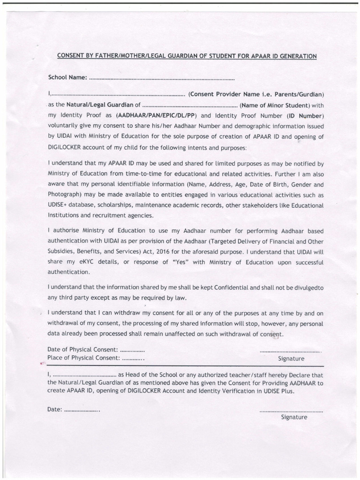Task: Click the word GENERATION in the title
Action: (x=294, y=56)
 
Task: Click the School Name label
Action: (x=67, y=77)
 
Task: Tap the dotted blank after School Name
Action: (x=161, y=77)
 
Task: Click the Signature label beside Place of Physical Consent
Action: (x=291, y=359)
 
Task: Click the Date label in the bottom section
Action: (x=54, y=409)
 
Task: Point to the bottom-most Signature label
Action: (x=294, y=417)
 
